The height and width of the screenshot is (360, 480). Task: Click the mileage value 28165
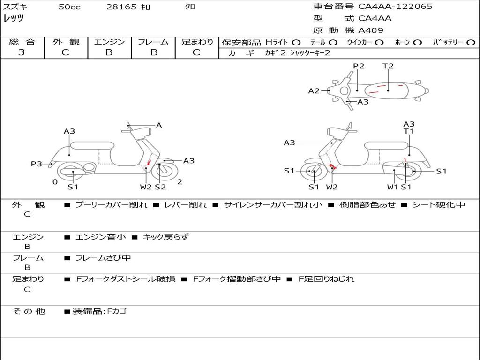pyautogui.click(x=121, y=7)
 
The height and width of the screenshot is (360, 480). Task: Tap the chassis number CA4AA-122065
pyautogui.click(x=395, y=7)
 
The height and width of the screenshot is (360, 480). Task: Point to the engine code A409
pyautogui.click(x=371, y=30)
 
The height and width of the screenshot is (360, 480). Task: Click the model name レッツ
pyautogui.click(x=14, y=19)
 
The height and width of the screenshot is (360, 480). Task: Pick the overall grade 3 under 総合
pyautogui.click(x=22, y=52)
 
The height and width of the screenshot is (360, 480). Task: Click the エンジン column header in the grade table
pyautogui.click(x=109, y=42)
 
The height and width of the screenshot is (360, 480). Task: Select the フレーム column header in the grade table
pyautogui.click(x=153, y=42)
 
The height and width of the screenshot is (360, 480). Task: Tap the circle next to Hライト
pyautogui.click(x=296, y=42)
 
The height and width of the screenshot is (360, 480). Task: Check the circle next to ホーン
pyautogui.click(x=417, y=42)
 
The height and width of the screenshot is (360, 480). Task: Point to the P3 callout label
pyautogui.click(x=37, y=164)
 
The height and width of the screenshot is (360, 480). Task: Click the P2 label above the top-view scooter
pyautogui.click(x=359, y=66)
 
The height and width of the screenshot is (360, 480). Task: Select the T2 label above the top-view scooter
pyautogui.click(x=388, y=66)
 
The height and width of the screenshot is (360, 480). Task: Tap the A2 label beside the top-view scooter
pyautogui.click(x=314, y=91)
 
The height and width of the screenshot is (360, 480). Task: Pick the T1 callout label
pyautogui.click(x=409, y=131)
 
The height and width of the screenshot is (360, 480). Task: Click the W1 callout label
pyautogui.click(x=392, y=187)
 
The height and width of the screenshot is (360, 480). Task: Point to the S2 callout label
pyautogui.click(x=160, y=187)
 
